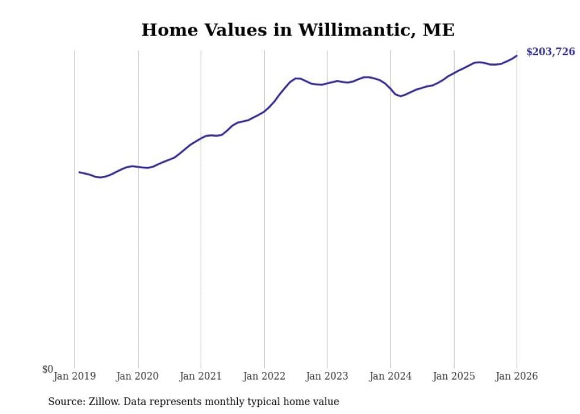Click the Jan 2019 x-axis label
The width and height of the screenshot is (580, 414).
pos(75,376)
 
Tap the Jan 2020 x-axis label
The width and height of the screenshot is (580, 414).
pos(137,376)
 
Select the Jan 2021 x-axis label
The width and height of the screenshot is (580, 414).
pos(201,376)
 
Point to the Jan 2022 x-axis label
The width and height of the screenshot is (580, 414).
pos(264,376)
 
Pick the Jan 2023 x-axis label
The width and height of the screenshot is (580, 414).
pos(327,376)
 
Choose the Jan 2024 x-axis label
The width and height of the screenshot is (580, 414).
pos(391,376)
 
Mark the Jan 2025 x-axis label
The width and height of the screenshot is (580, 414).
pos(454,376)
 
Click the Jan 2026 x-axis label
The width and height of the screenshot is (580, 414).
pos(517,376)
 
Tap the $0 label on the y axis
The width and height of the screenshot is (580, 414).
pos(47,369)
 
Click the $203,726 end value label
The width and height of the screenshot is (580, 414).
pos(550,52)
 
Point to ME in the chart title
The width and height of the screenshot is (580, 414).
pos(439,30)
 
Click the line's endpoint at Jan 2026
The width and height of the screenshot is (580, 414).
pos(517,56)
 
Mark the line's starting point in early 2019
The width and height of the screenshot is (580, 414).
pos(79,172)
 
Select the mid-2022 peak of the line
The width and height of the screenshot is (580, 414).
pos(297,78)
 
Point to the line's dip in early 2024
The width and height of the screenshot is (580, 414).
pos(401,96)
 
